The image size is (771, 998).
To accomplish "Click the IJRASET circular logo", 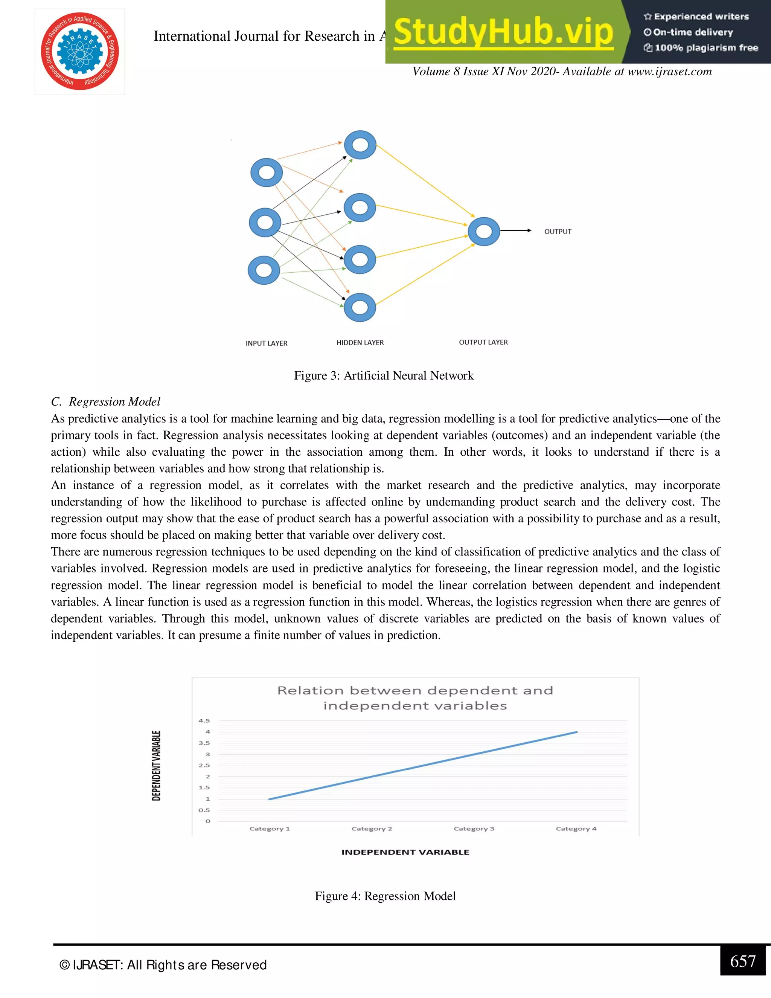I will pyautogui.click(x=79, y=51).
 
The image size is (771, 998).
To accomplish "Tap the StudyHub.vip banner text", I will pyautogui.click(x=503, y=32).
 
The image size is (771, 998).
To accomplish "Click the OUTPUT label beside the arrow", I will pyautogui.click(x=558, y=232).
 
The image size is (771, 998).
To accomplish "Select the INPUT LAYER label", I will pyautogui.click(x=266, y=343).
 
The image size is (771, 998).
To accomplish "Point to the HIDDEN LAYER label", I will pyautogui.click(x=360, y=343).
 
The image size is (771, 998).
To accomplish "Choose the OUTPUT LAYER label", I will pyautogui.click(x=483, y=342).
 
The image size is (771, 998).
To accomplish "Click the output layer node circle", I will pyautogui.click(x=484, y=231).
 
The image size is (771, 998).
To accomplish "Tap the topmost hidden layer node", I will pyautogui.click(x=360, y=145).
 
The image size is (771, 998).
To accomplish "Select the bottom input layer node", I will pyautogui.click(x=264, y=270).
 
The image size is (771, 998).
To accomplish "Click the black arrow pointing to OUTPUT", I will pyautogui.click(x=516, y=231).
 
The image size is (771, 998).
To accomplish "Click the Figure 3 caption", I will pyautogui.click(x=384, y=375).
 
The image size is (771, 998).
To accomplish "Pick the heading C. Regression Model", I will pyautogui.click(x=105, y=402).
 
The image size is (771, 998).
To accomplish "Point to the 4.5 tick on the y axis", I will pyautogui.click(x=204, y=720).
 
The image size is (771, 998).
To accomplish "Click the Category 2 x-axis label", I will pyautogui.click(x=372, y=829).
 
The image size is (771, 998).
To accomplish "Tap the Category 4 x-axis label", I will pyautogui.click(x=576, y=829).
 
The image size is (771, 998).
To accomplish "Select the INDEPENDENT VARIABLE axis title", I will pyautogui.click(x=405, y=852).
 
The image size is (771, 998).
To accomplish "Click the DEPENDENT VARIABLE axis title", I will pyautogui.click(x=156, y=765).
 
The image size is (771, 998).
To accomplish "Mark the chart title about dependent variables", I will pyautogui.click(x=415, y=698).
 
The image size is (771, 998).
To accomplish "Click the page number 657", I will pyautogui.click(x=743, y=961).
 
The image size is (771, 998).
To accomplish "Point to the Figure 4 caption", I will pyautogui.click(x=385, y=896).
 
